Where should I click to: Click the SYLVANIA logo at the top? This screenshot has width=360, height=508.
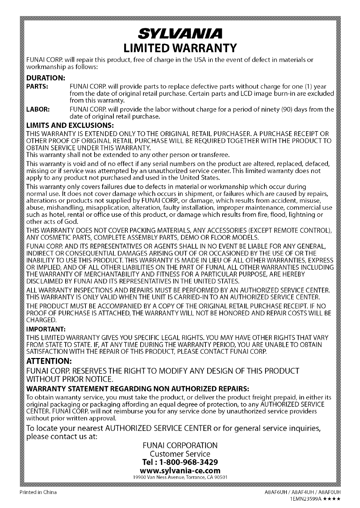[x=180, y=33]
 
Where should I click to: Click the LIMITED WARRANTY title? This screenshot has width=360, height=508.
[x=180, y=47]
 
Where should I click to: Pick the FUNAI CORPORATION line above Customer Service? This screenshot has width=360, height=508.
[x=180, y=446]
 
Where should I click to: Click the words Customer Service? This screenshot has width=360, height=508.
[x=180, y=454]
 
